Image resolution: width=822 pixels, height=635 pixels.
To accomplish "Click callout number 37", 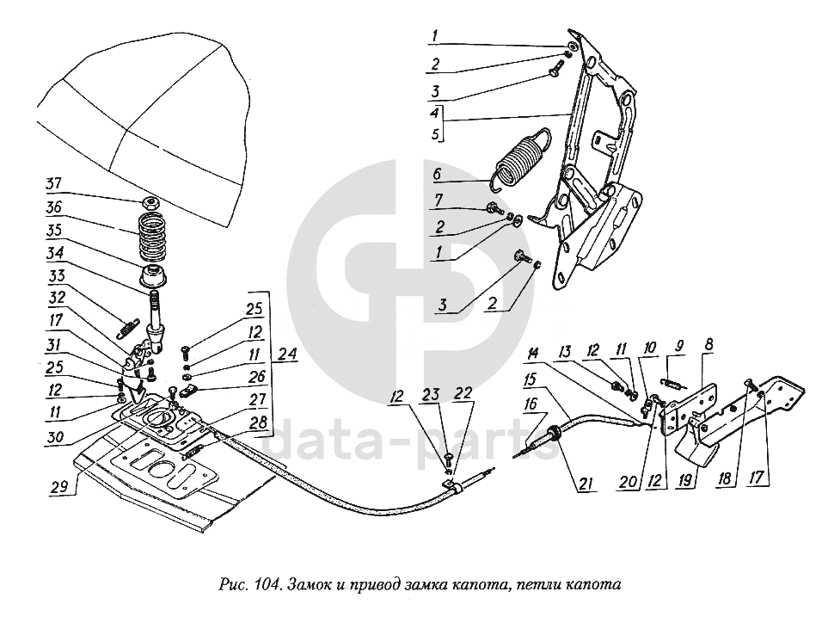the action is point(53,183).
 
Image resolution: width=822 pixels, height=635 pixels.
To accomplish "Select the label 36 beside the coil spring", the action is point(53,207).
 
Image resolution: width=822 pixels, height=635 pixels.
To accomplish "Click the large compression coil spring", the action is point(152,236).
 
